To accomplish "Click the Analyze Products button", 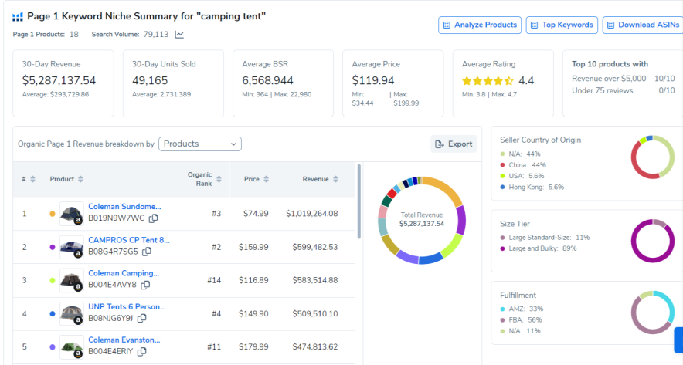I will click(480, 25).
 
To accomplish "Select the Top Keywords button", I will click(562, 25).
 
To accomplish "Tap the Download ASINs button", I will click(643, 25).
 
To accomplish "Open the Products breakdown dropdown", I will click(200, 144).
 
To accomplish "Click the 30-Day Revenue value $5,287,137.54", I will click(59, 80).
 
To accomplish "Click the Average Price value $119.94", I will click(373, 80).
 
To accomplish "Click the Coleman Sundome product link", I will click(124, 207).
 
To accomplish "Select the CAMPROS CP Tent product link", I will click(128, 240).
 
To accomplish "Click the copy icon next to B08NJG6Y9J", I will click(142, 317).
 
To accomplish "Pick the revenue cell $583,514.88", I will click(311, 280).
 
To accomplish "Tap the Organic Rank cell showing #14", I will click(214, 280).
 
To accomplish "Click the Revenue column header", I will click(316, 179).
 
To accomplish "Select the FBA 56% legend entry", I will click(524, 319).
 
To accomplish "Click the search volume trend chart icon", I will click(179, 34).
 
